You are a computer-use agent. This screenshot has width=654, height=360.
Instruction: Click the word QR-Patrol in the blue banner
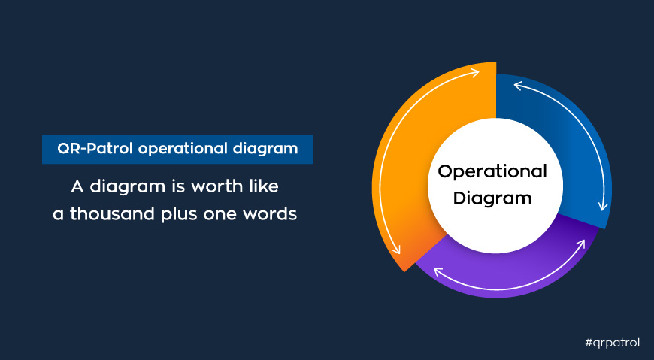point(95,149)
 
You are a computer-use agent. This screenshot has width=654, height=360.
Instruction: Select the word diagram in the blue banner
point(265,150)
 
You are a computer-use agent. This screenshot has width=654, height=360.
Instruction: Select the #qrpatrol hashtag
point(613,343)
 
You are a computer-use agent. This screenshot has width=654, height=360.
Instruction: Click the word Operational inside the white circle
point(492,172)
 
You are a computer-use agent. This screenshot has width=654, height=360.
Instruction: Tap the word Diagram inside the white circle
point(492,198)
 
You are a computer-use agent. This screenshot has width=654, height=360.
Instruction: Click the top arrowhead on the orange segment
point(474,73)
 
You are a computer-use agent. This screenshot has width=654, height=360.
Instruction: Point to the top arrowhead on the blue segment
point(519,86)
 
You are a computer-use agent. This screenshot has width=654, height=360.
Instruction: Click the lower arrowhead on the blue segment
point(603,206)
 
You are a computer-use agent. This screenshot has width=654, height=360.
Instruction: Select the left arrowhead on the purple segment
point(439,272)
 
